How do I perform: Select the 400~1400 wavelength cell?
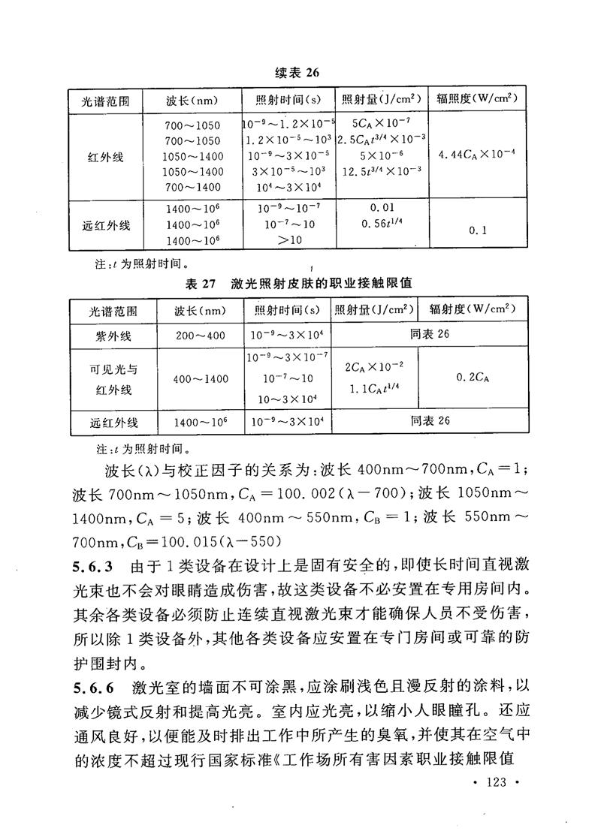(201, 379)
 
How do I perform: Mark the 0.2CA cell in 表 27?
(473, 378)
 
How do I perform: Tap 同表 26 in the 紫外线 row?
(430, 335)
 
